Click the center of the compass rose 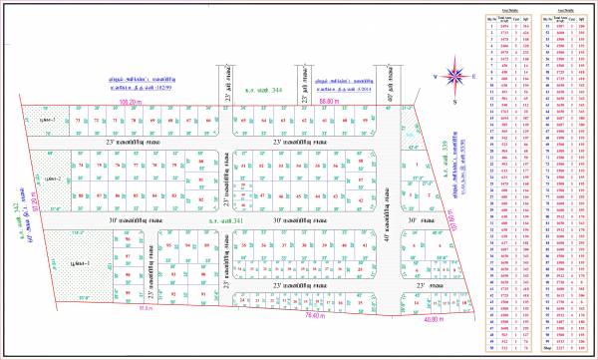(454, 76)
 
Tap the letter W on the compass (435, 76)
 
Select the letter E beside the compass (474, 76)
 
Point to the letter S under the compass (454, 100)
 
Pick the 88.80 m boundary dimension (330, 102)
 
